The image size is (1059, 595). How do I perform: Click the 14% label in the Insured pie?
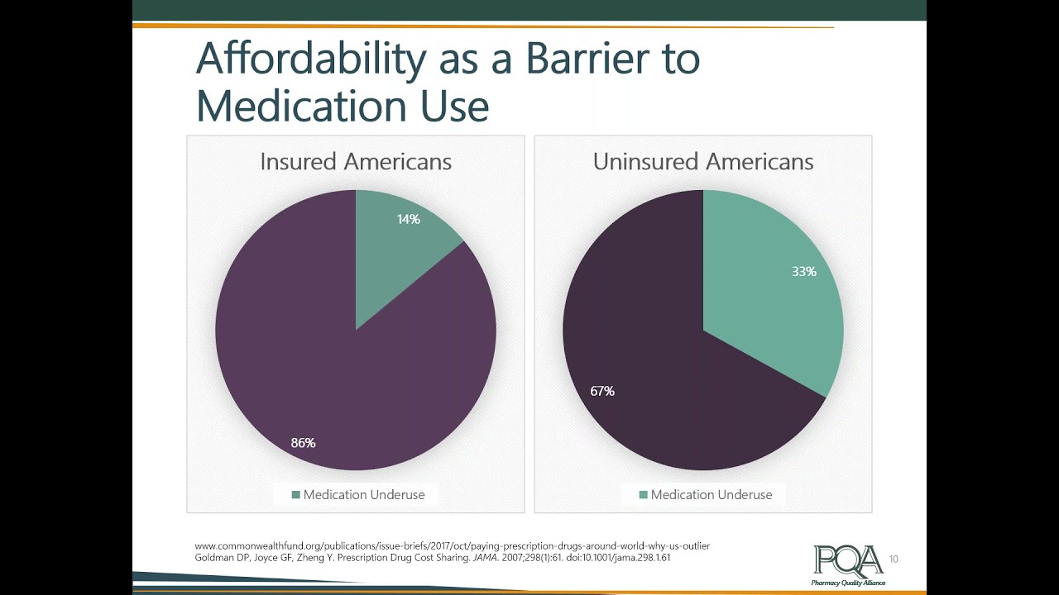[408, 219]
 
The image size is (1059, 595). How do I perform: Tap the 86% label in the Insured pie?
[303, 443]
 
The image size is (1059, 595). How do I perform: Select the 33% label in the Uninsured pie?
[803, 271]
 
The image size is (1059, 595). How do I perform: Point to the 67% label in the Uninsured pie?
[602, 391]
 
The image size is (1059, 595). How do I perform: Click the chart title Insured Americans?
[356, 162]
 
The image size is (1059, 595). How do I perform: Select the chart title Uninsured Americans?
[703, 162]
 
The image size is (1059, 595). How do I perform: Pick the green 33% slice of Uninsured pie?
[769, 306]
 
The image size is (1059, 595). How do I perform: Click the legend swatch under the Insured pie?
[295, 495]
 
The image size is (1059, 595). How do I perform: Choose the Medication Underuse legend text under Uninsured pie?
[711, 495]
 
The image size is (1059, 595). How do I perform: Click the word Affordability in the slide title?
[310, 59]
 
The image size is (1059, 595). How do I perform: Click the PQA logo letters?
[847, 561]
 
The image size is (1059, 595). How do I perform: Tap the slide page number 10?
[894, 559]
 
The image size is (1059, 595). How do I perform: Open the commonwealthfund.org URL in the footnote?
[452, 546]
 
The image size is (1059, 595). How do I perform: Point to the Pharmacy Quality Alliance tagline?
[848, 583]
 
